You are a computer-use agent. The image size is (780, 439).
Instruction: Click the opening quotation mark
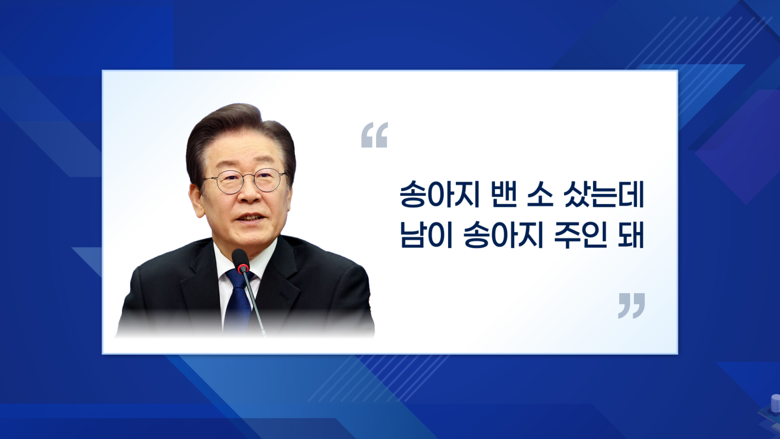coord(375,135)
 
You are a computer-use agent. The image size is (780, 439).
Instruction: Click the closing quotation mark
coord(631,306)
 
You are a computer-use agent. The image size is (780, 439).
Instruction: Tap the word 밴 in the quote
coord(504,194)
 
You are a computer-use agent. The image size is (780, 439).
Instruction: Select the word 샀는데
coord(604,194)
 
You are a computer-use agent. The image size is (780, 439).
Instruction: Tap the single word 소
coord(540,195)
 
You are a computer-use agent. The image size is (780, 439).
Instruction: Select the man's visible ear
coord(197,199)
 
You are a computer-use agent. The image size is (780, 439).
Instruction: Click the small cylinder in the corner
coord(775,403)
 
